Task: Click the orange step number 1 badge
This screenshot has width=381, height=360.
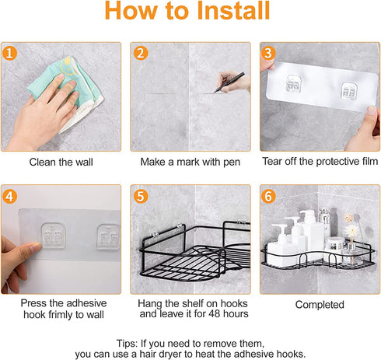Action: [x=9, y=53]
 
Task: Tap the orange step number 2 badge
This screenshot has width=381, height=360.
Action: [x=141, y=53]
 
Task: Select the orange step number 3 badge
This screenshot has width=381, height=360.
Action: [x=268, y=53]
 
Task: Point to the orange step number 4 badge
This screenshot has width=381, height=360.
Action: [x=9, y=196]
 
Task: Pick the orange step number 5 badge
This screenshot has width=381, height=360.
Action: [x=141, y=196]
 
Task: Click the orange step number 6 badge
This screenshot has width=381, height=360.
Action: [x=268, y=196]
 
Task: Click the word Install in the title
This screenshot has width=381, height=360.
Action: [x=233, y=11]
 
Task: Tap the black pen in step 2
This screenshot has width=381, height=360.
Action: [x=229, y=82]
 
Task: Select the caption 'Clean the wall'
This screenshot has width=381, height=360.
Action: [x=61, y=163]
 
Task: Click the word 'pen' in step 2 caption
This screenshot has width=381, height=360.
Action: [x=232, y=163]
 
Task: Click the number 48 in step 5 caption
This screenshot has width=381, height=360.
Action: [x=215, y=314]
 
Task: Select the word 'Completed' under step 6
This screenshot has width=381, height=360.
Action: [x=320, y=305]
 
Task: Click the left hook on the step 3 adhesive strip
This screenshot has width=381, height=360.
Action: [x=294, y=84]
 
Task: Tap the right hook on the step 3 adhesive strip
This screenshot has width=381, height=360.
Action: [x=349, y=91]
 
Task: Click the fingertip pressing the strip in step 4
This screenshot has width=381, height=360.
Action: [x=37, y=246]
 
